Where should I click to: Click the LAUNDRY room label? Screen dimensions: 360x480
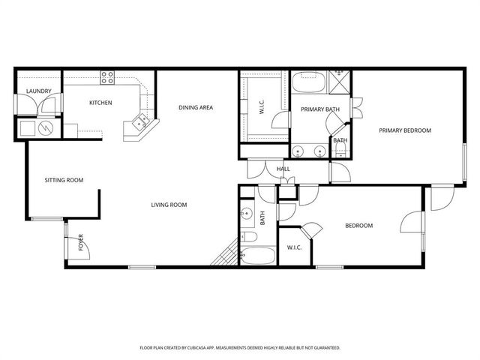[38, 91]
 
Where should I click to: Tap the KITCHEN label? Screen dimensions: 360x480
[100, 103]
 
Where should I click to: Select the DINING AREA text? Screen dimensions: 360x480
[196, 107]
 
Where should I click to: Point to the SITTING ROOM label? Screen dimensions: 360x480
[64, 180]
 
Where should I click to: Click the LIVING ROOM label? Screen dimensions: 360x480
[169, 205]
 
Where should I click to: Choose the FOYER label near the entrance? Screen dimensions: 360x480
[81, 242]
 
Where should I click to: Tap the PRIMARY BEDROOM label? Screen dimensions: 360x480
[405, 130]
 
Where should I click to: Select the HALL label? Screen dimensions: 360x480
[283, 169]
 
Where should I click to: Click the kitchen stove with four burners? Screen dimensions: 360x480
[108, 76]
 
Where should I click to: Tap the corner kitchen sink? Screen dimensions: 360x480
[138, 120]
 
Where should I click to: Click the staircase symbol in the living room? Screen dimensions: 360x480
[223, 258]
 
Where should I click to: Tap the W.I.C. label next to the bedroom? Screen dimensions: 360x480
[294, 248]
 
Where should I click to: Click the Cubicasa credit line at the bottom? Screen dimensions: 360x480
[240, 348]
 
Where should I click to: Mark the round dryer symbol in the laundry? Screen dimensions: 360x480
[46, 127]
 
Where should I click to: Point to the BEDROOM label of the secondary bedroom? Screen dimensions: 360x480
[358, 226]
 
